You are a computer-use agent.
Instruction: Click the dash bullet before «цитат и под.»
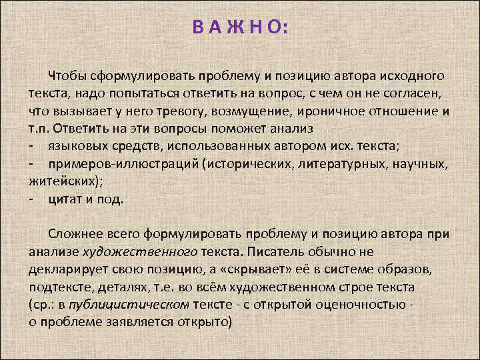pyautogui.click(x=31, y=198)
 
